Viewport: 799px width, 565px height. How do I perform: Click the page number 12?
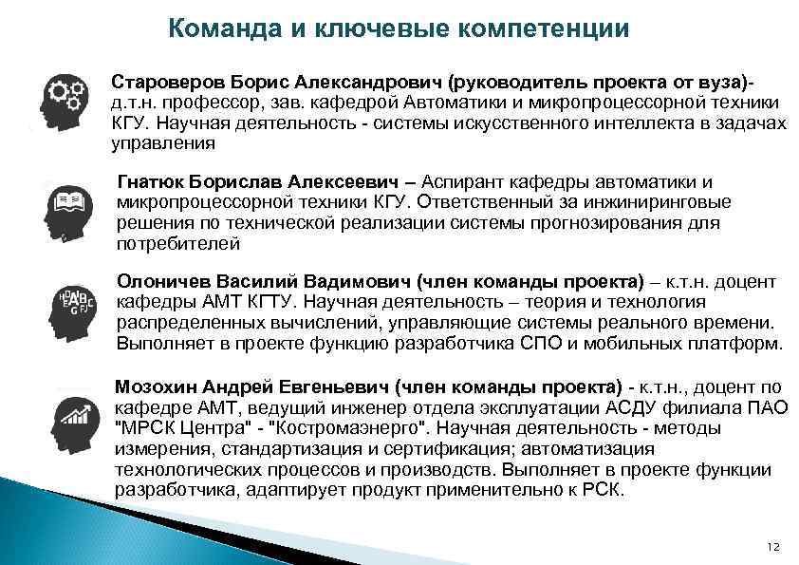[x=771, y=546]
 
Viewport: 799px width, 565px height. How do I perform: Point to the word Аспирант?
[x=465, y=181]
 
